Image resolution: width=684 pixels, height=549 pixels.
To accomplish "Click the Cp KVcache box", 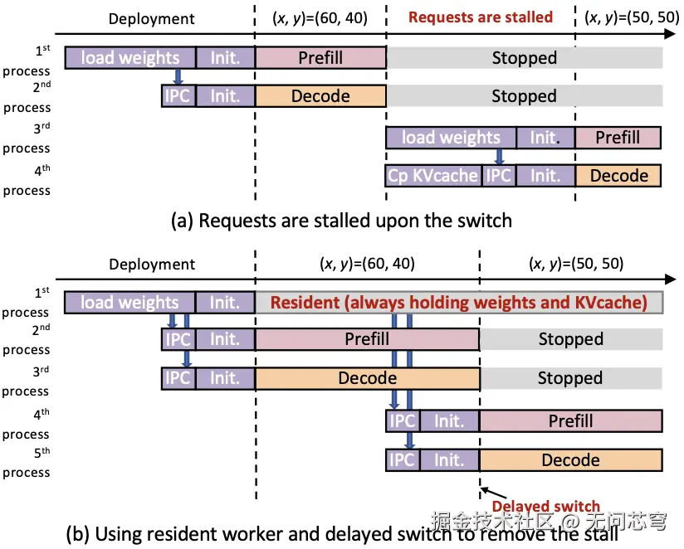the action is [433, 176].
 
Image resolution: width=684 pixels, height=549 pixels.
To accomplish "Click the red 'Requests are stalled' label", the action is [481, 17].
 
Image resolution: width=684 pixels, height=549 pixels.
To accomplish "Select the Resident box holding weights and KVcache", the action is [459, 303].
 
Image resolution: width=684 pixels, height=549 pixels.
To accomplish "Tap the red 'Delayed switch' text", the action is [545, 507].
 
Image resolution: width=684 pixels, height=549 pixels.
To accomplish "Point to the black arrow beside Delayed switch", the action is [493, 493].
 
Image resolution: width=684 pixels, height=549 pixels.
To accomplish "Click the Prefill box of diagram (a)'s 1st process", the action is [320, 57].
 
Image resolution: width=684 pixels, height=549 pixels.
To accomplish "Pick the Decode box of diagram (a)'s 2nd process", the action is [320, 96].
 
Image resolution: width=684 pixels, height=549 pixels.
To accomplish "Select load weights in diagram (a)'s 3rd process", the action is [451, 138].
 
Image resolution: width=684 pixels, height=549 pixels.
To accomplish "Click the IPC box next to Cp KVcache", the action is [499, 176].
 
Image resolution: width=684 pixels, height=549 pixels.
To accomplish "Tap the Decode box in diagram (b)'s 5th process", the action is [571, 460].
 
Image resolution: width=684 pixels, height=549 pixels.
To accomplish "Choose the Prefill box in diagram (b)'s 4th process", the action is [571, 421].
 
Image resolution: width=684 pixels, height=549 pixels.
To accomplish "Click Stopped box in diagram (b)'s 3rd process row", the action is [571, 378].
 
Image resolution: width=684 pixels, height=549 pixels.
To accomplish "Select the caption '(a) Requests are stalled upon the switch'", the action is [341, 221].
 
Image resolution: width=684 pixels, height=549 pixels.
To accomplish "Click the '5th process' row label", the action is [27, 463].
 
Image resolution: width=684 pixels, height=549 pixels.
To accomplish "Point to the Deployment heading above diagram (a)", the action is [152, 19].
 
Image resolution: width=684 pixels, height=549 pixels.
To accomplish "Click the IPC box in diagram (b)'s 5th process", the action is [403, 460].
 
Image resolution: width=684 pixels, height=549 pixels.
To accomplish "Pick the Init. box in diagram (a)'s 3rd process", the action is [545, 138].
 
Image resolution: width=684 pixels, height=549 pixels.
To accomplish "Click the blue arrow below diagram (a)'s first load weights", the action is [178, 76].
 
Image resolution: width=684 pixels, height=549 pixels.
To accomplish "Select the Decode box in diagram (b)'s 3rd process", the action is [367, 378].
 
